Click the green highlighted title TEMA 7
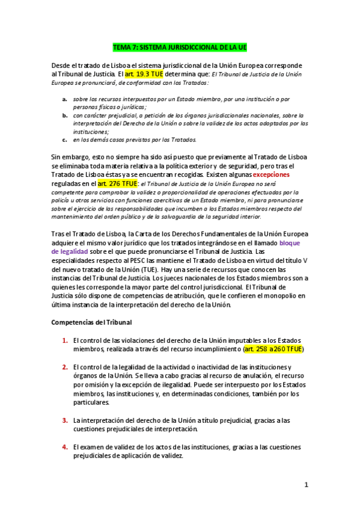[180, 47]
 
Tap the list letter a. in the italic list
[64, 98]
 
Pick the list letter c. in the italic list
[64, 140]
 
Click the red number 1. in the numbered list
[65, 340]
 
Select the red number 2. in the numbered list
[65, 367]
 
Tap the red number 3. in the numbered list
[65, 420]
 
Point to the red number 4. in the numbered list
[65, 447]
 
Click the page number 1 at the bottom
[306, 485]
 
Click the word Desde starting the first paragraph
[62, 65]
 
